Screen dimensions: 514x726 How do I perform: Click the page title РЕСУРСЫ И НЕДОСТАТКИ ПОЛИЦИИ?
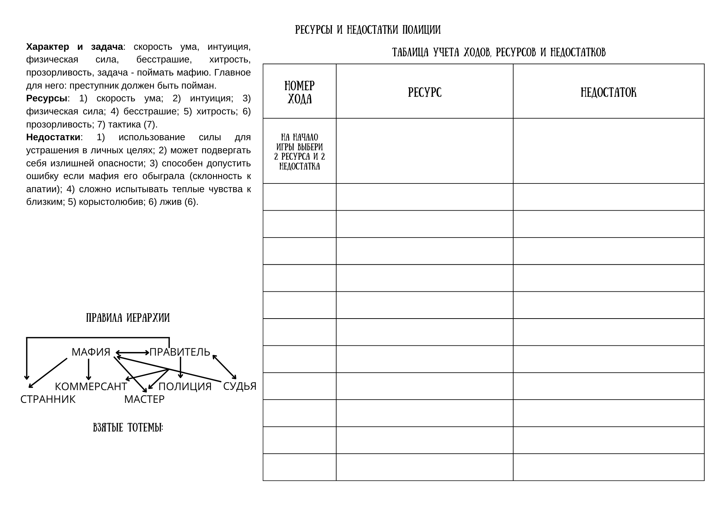tap(368, 30)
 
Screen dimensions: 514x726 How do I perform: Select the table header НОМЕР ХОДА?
tap(299, 92)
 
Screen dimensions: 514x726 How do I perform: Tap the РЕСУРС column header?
tap(425, 93)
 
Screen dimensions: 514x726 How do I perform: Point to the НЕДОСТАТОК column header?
tap(608, 93)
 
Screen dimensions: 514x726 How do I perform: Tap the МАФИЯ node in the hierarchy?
tap(91, 352)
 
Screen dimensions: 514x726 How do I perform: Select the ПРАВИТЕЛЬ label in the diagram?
tap(180, 352)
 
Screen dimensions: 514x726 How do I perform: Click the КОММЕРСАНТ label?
tap(91, 386)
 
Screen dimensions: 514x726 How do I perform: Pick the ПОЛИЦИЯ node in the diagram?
tap(185, 386)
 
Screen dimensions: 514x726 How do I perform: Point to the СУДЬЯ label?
tap(240, 386)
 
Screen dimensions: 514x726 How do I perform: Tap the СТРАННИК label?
tap(48, 399)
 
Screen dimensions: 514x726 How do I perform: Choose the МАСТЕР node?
tap(144, 399)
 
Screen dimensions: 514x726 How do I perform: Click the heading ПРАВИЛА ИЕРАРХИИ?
tap(128, 318)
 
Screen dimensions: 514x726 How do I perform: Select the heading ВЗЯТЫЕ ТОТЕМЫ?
tap(128, 428)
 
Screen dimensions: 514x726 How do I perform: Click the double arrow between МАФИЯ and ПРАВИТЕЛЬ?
tap(132, 352)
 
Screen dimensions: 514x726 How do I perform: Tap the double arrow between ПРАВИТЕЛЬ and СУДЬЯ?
tap(224, 367)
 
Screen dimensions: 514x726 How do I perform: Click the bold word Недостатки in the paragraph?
tap(53, 137)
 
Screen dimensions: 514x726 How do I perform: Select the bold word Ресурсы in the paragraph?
tap(46, 98)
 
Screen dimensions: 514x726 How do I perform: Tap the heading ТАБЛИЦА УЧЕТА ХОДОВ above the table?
tap(499, 53)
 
